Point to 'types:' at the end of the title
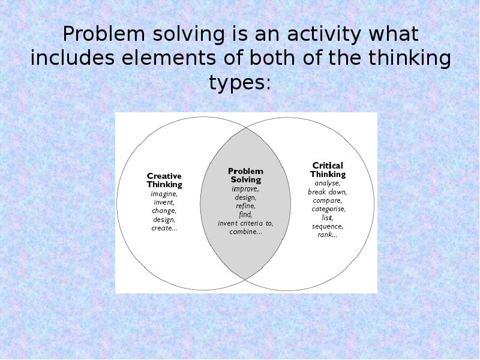[240, 82]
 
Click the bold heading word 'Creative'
[164, 176]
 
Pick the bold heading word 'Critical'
[328, 165]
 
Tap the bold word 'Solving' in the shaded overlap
[245, 179]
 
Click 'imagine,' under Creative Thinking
[164, 194]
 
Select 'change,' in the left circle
[164, 211]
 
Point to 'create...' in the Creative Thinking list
[164, 228]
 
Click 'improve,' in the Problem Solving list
[245, 188]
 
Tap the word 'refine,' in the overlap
[245, 206]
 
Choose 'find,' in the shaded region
[245, 214]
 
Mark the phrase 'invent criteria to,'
[245, 223]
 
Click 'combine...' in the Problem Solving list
[245, 232]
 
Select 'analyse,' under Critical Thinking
[328, 183]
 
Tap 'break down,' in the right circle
[328, 192]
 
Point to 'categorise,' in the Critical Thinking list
[328, 209]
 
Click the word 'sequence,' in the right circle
[328, 226]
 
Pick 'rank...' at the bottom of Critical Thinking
[328, 235]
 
